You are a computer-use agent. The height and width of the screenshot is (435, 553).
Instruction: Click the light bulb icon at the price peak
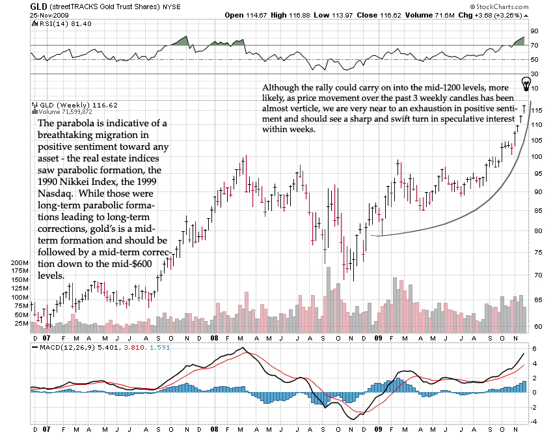526,83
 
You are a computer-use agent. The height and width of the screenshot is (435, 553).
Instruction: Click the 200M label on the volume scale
20,262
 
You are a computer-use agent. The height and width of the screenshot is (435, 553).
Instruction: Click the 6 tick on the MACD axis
533,349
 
